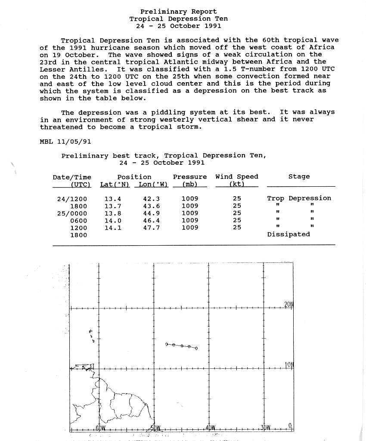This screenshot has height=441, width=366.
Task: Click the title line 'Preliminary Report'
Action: coord(179,12)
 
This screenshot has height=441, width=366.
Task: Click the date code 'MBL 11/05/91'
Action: coord(65,141)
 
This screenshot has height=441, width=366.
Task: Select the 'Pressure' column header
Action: coord(189,177)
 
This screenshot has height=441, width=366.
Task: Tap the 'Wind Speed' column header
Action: coord(237,177)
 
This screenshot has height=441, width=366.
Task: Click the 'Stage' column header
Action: coord(299,177)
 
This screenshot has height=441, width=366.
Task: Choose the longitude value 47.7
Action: coord(151,228)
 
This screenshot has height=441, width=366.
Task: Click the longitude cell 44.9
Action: coord(151,213)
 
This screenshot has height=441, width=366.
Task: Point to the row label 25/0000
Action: coord(72,213)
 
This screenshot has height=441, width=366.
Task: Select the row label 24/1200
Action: coord(72,199)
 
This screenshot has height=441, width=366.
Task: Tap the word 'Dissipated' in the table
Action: coord(288,234)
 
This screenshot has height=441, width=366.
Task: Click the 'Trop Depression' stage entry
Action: coord(299,198)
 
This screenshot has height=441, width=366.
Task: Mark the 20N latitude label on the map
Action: coord(288,305)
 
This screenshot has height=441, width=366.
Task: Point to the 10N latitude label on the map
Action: coord(288,365)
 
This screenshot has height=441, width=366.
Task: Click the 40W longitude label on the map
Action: coord(211,428)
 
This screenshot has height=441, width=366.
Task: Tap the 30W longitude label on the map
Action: coord(266,428)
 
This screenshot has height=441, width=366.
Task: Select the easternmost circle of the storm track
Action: coord(196,348)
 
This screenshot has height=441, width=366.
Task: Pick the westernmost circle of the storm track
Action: coord(167,344)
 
